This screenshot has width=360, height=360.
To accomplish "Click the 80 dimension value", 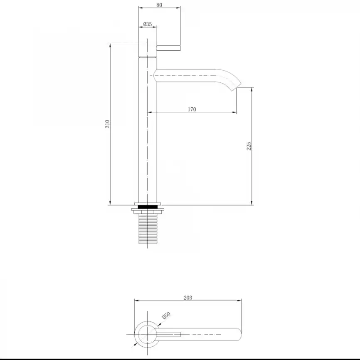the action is tap(159, 5).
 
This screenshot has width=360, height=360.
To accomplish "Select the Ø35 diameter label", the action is tap(148, 24).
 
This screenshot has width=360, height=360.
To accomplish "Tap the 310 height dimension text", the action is tap(107, 124).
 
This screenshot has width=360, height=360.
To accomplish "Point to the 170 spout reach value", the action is tap(192, 109).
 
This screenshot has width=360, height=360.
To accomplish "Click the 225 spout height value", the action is tap(249, 146).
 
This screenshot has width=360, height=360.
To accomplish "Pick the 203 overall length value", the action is tap(188, 298).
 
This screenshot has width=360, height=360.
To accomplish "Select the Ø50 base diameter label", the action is tap(166, 315).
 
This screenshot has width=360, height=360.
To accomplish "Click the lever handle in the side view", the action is tap(168, 48).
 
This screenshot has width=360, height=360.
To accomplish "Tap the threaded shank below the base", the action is tap(148, 229).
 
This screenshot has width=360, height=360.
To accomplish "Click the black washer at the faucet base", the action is tap(148, 207).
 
